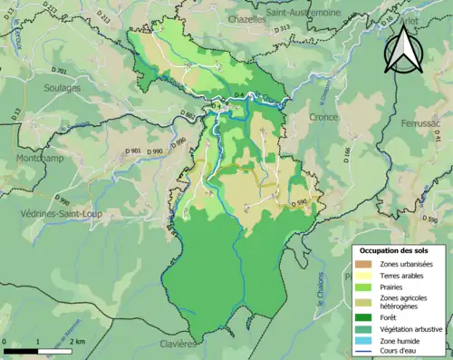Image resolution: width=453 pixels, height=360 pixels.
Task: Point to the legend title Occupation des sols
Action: coord(396,250)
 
